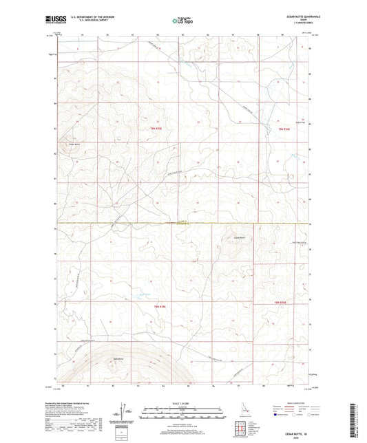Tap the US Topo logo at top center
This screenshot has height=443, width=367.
point(182,21)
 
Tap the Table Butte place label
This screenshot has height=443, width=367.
point(115,359)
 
